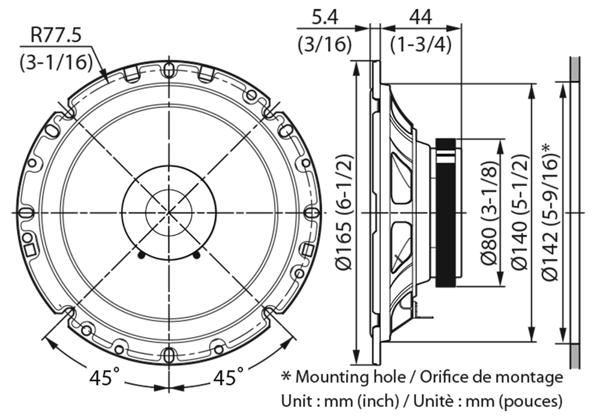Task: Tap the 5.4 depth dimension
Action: tap(325, 18)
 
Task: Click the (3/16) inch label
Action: tap(325, 45)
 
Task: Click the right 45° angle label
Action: tap(229, 377)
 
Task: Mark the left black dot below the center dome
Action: tap(140, 255)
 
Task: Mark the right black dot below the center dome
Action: tap(197, 255)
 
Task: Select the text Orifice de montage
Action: tap(491, 377)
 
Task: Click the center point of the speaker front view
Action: tap(169, 212)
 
